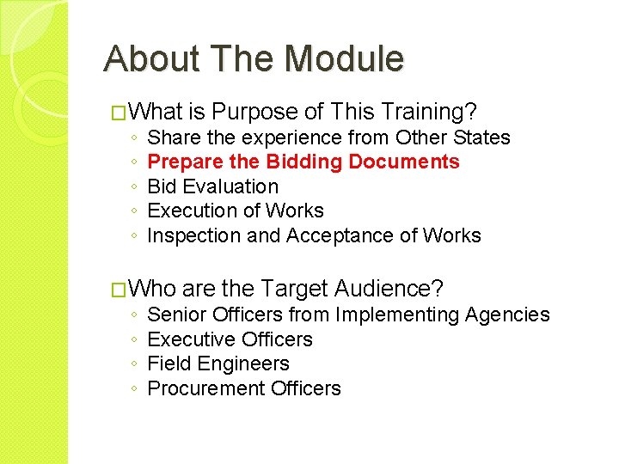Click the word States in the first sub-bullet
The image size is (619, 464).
click(483, 137)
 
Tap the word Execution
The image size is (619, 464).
click(192, 211)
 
